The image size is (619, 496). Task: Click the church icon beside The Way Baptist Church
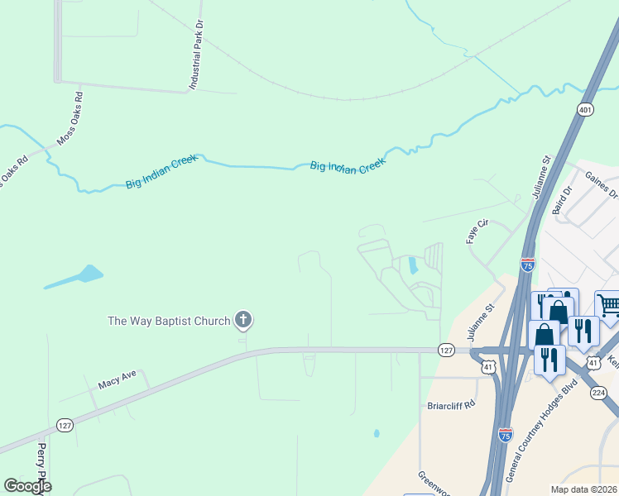coord(242,319)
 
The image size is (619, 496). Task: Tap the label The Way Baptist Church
coord(169,320)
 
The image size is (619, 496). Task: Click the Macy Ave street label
coord(117,384)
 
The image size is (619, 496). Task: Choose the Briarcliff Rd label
coord(452,405)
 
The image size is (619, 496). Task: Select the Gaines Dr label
coord(602,185)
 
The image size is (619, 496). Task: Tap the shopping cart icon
coord(608,306)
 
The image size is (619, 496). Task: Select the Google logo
coord(28,486)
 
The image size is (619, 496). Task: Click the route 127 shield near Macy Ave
coord(65,424)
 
